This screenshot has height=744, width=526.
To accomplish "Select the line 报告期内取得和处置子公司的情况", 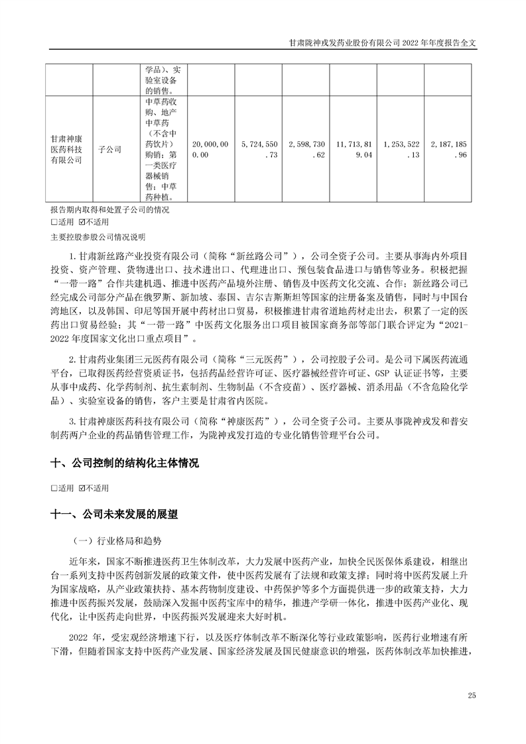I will [x=106, y=210].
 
